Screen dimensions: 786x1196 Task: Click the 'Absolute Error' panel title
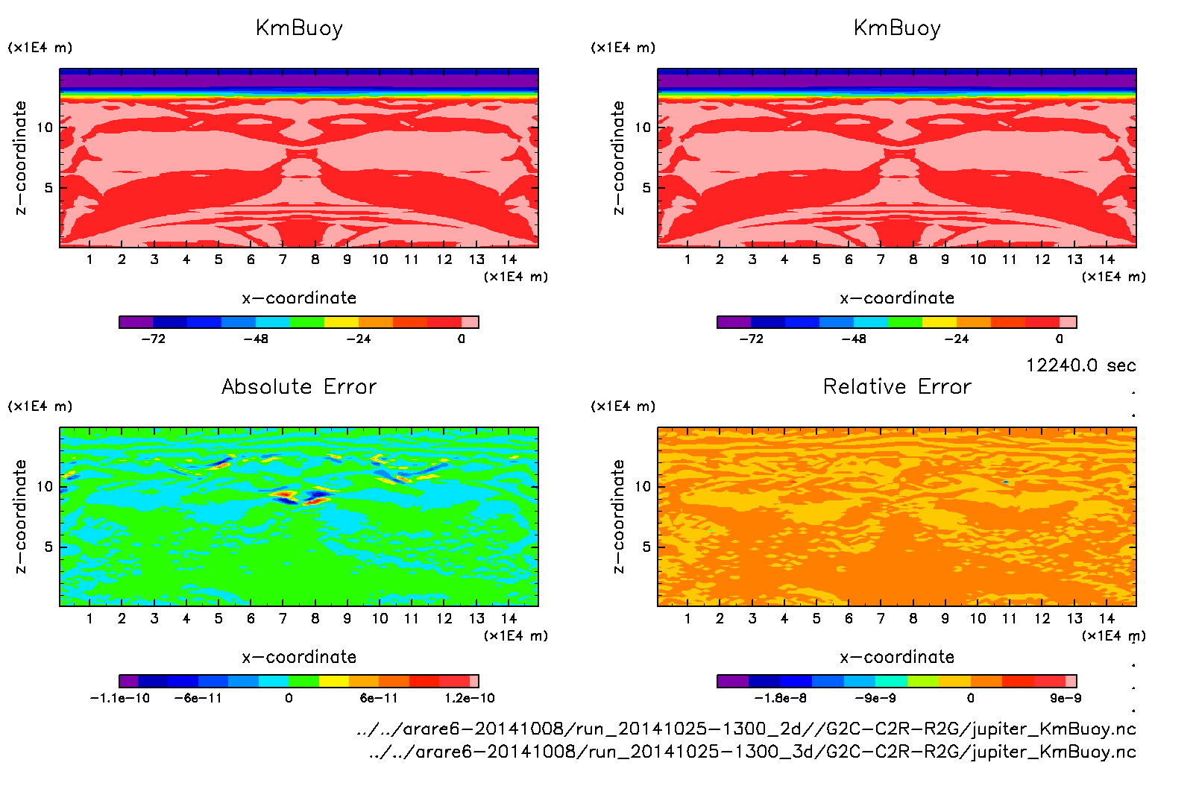coord(299,386)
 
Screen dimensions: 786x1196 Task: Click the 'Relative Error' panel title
coord(897,386)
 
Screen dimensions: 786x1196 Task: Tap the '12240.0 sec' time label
coord(1080,365)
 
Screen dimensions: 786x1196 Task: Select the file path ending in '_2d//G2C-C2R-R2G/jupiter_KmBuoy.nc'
coord(746,729)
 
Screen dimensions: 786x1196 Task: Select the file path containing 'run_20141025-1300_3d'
coord(752,752)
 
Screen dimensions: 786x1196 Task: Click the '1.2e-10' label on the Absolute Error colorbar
coord(470,698)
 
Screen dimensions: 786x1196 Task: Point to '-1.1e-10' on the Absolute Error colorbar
coord(120,698)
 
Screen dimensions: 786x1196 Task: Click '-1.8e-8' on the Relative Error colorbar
coord(781,698)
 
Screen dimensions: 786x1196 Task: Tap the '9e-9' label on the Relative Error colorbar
coord(1066,698)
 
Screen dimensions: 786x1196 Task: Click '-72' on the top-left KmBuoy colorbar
coord(154,339)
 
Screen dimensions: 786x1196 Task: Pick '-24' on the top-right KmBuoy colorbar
coord(957,339)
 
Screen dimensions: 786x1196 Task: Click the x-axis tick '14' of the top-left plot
coord(509,260)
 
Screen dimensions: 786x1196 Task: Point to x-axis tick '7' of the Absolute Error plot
coord(283,618)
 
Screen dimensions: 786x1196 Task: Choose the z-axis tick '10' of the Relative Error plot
coord(643,487)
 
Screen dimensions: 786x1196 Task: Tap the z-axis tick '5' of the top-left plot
coord(48,188)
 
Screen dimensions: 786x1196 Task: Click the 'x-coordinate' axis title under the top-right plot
coord(897,298)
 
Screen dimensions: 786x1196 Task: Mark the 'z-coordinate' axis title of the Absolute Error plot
coord(20,516)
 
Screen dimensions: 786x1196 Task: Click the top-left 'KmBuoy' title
coord(299,28)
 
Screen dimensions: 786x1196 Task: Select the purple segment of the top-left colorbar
coord(136,322)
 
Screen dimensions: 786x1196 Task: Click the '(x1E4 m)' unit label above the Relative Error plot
coord(623,406)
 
